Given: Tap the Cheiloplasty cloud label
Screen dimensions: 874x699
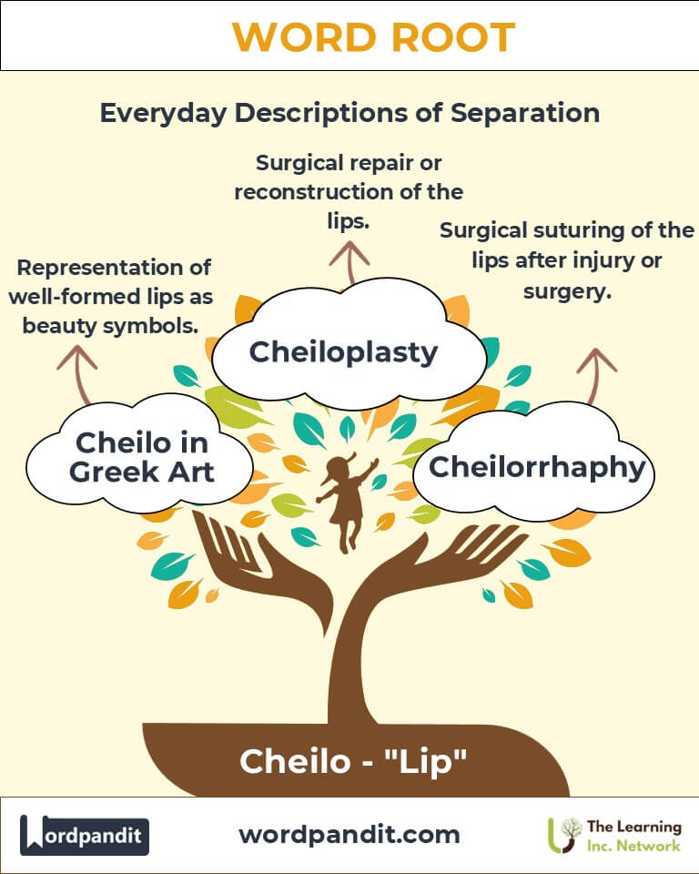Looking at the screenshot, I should coord(343,351).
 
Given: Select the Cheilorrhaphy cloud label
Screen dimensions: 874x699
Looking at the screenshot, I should coord(536,467).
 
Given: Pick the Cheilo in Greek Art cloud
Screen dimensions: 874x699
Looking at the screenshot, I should coord(141,457).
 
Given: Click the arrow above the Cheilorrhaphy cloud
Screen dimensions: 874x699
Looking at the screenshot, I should coord(596,371).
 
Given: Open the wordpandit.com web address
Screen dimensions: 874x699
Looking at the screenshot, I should coord(349,834).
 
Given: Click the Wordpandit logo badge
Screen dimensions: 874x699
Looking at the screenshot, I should coord(85,834).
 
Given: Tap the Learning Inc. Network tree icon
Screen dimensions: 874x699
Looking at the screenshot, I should coord(566,834).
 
